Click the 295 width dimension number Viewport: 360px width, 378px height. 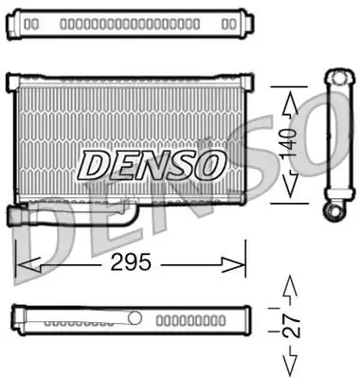[x=132, y=262]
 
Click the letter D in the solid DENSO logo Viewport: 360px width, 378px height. [x=97, y=165]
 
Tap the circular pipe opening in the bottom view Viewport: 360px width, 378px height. [x=135, y=318]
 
